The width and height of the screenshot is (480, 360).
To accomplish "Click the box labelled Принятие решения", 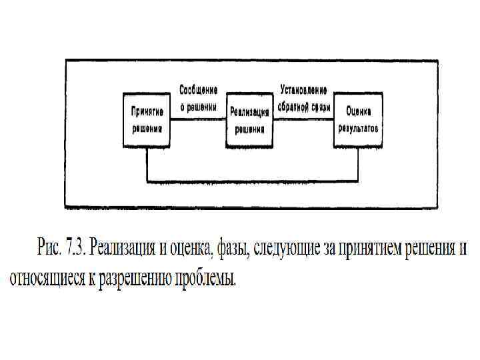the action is coord(145,120).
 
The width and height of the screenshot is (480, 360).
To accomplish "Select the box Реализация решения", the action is coord(248,121).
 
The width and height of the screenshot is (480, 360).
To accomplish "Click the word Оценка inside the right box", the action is coord(358,111).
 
